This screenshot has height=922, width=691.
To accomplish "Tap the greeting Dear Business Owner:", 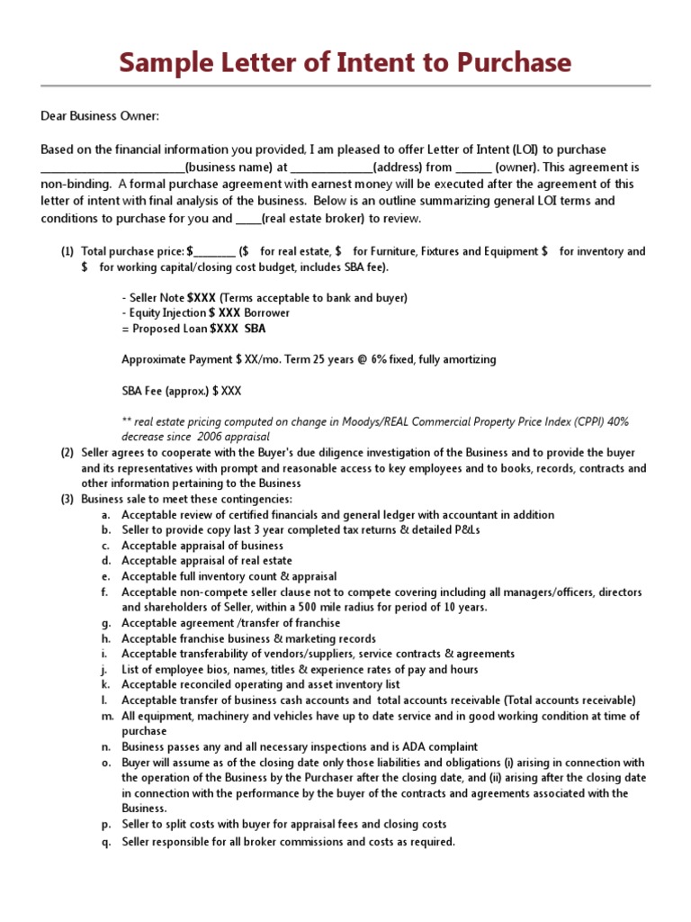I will pyautogui.click(x=99, y=115).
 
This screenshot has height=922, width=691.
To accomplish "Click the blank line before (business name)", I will pyautogui.click(x=112, y=167).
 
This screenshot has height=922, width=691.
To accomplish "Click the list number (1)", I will pyautogui.click(x=67, y=252).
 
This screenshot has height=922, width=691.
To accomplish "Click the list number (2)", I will pyautogui.click(x=67, y=452).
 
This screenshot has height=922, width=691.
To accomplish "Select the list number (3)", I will pyautogui.click(x=67, y=499).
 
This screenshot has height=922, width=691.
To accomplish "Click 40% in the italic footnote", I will pyautogui.click(x=618, y=421).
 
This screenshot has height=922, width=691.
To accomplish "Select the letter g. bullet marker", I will pyautogui.click(x=104, y=623).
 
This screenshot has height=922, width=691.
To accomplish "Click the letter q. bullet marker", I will pyautogui.click(x=104, y=842).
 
